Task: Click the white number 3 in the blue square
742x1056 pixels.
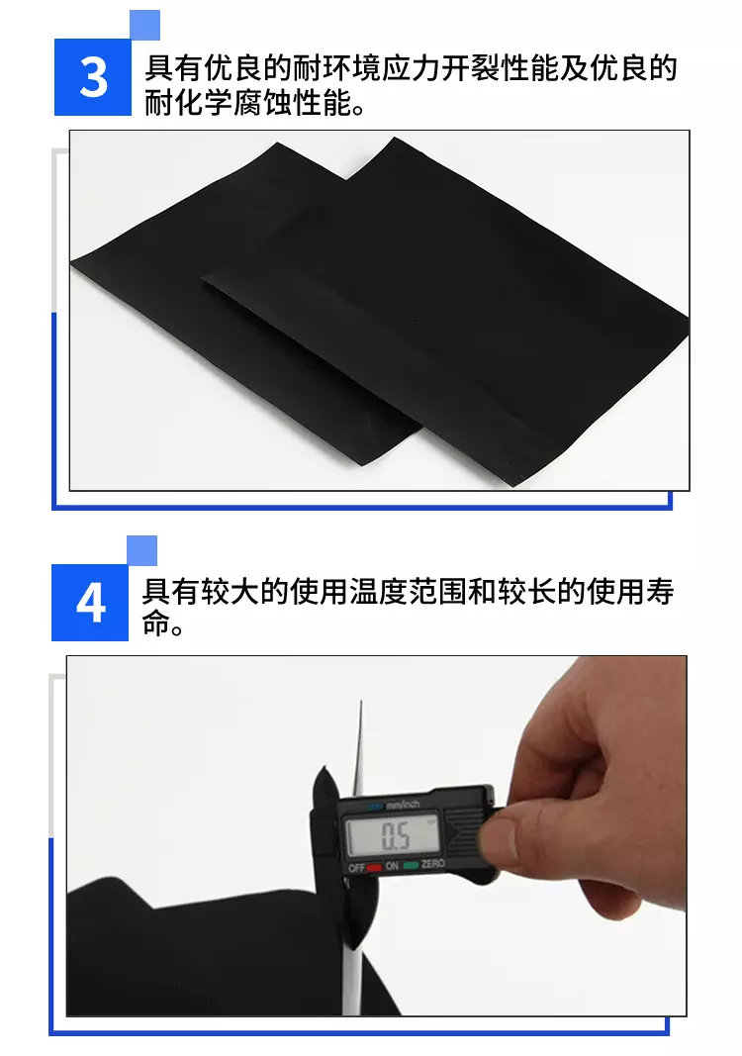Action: (93, 77)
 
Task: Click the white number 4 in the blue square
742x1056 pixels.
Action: (90, 603)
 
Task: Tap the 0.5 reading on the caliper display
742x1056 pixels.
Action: (396, 836)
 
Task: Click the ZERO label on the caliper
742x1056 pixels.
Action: (433, 863)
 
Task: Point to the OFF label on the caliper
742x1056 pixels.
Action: (357, 867)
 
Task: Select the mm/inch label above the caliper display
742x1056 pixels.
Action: (403, 804)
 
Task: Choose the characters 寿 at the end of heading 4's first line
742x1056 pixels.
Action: (661, 591)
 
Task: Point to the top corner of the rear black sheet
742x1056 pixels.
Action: (277, 143)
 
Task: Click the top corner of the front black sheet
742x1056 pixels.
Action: (396, 138)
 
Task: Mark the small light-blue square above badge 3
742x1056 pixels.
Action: (144, 25)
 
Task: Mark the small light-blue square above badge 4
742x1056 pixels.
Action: (141, 550)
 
